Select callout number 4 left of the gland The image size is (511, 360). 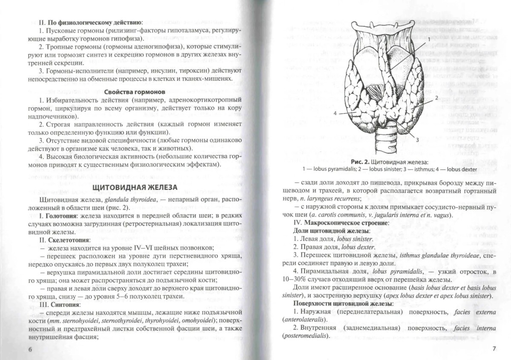(335, 113)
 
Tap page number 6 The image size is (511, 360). (30, 349)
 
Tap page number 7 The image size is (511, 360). (494, 349)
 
